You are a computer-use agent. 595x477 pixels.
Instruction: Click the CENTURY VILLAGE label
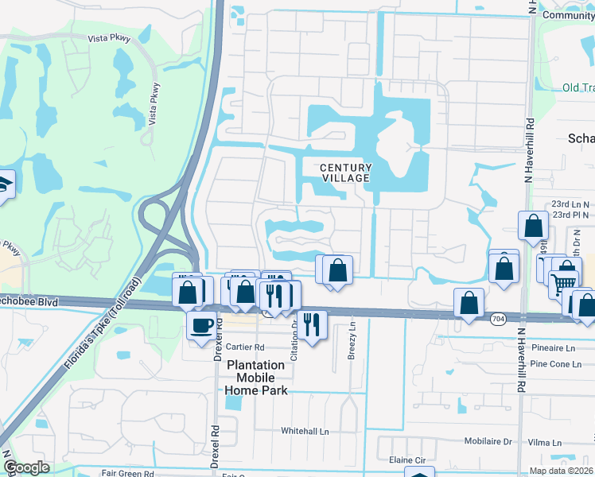pos(345,173)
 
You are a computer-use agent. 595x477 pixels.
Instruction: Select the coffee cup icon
pos(200,324)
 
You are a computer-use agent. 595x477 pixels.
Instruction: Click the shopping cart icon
pos(564,282)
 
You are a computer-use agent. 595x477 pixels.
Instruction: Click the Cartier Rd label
pos(244,347)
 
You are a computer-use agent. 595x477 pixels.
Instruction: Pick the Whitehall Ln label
pos(305,431)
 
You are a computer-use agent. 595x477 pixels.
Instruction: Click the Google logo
pos(26,467)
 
